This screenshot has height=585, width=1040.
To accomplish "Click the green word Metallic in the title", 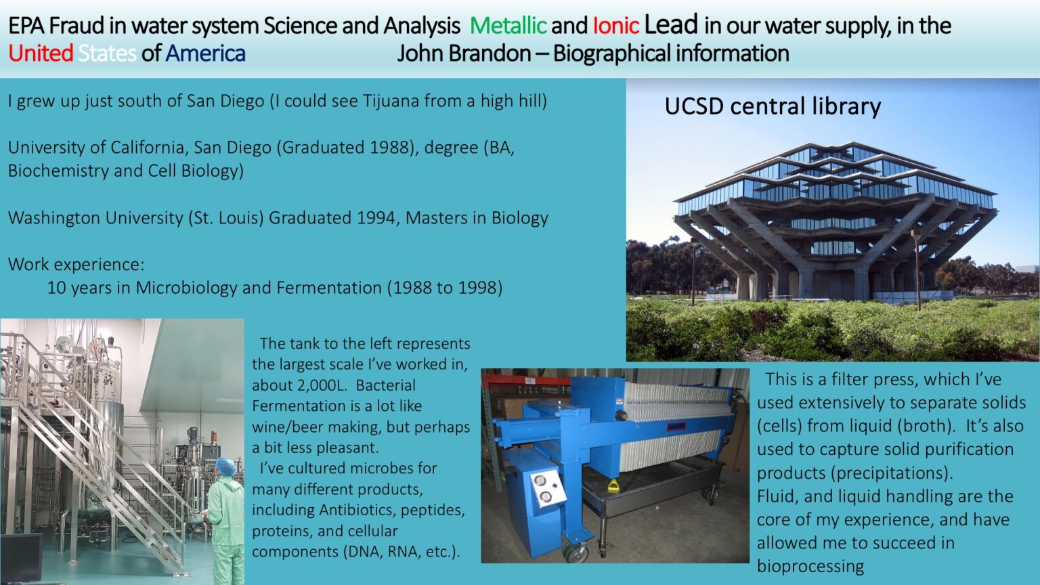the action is tap(508, 26).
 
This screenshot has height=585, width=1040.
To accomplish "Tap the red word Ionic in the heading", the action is tap(616, 26).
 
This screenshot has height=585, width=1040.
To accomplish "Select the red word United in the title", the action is tap(41, 53).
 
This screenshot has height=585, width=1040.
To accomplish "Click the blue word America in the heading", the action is tap(206, 53).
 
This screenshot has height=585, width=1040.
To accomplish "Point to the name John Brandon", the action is tap(464, 53).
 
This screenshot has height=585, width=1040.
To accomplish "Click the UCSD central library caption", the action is tap(773, 106).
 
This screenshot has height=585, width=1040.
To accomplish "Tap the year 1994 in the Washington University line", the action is tap(376, 218).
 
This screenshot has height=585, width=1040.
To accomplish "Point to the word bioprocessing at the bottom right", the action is tap(810, 567).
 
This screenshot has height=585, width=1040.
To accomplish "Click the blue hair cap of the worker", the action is tap(226, 467).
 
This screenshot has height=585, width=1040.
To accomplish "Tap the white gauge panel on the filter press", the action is tap(548, 488).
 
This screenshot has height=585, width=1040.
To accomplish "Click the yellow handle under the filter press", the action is tap(613, 486).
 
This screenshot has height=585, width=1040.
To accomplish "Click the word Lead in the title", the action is tap(671, 24).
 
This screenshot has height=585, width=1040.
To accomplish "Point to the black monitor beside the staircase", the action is tap(21, 558).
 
